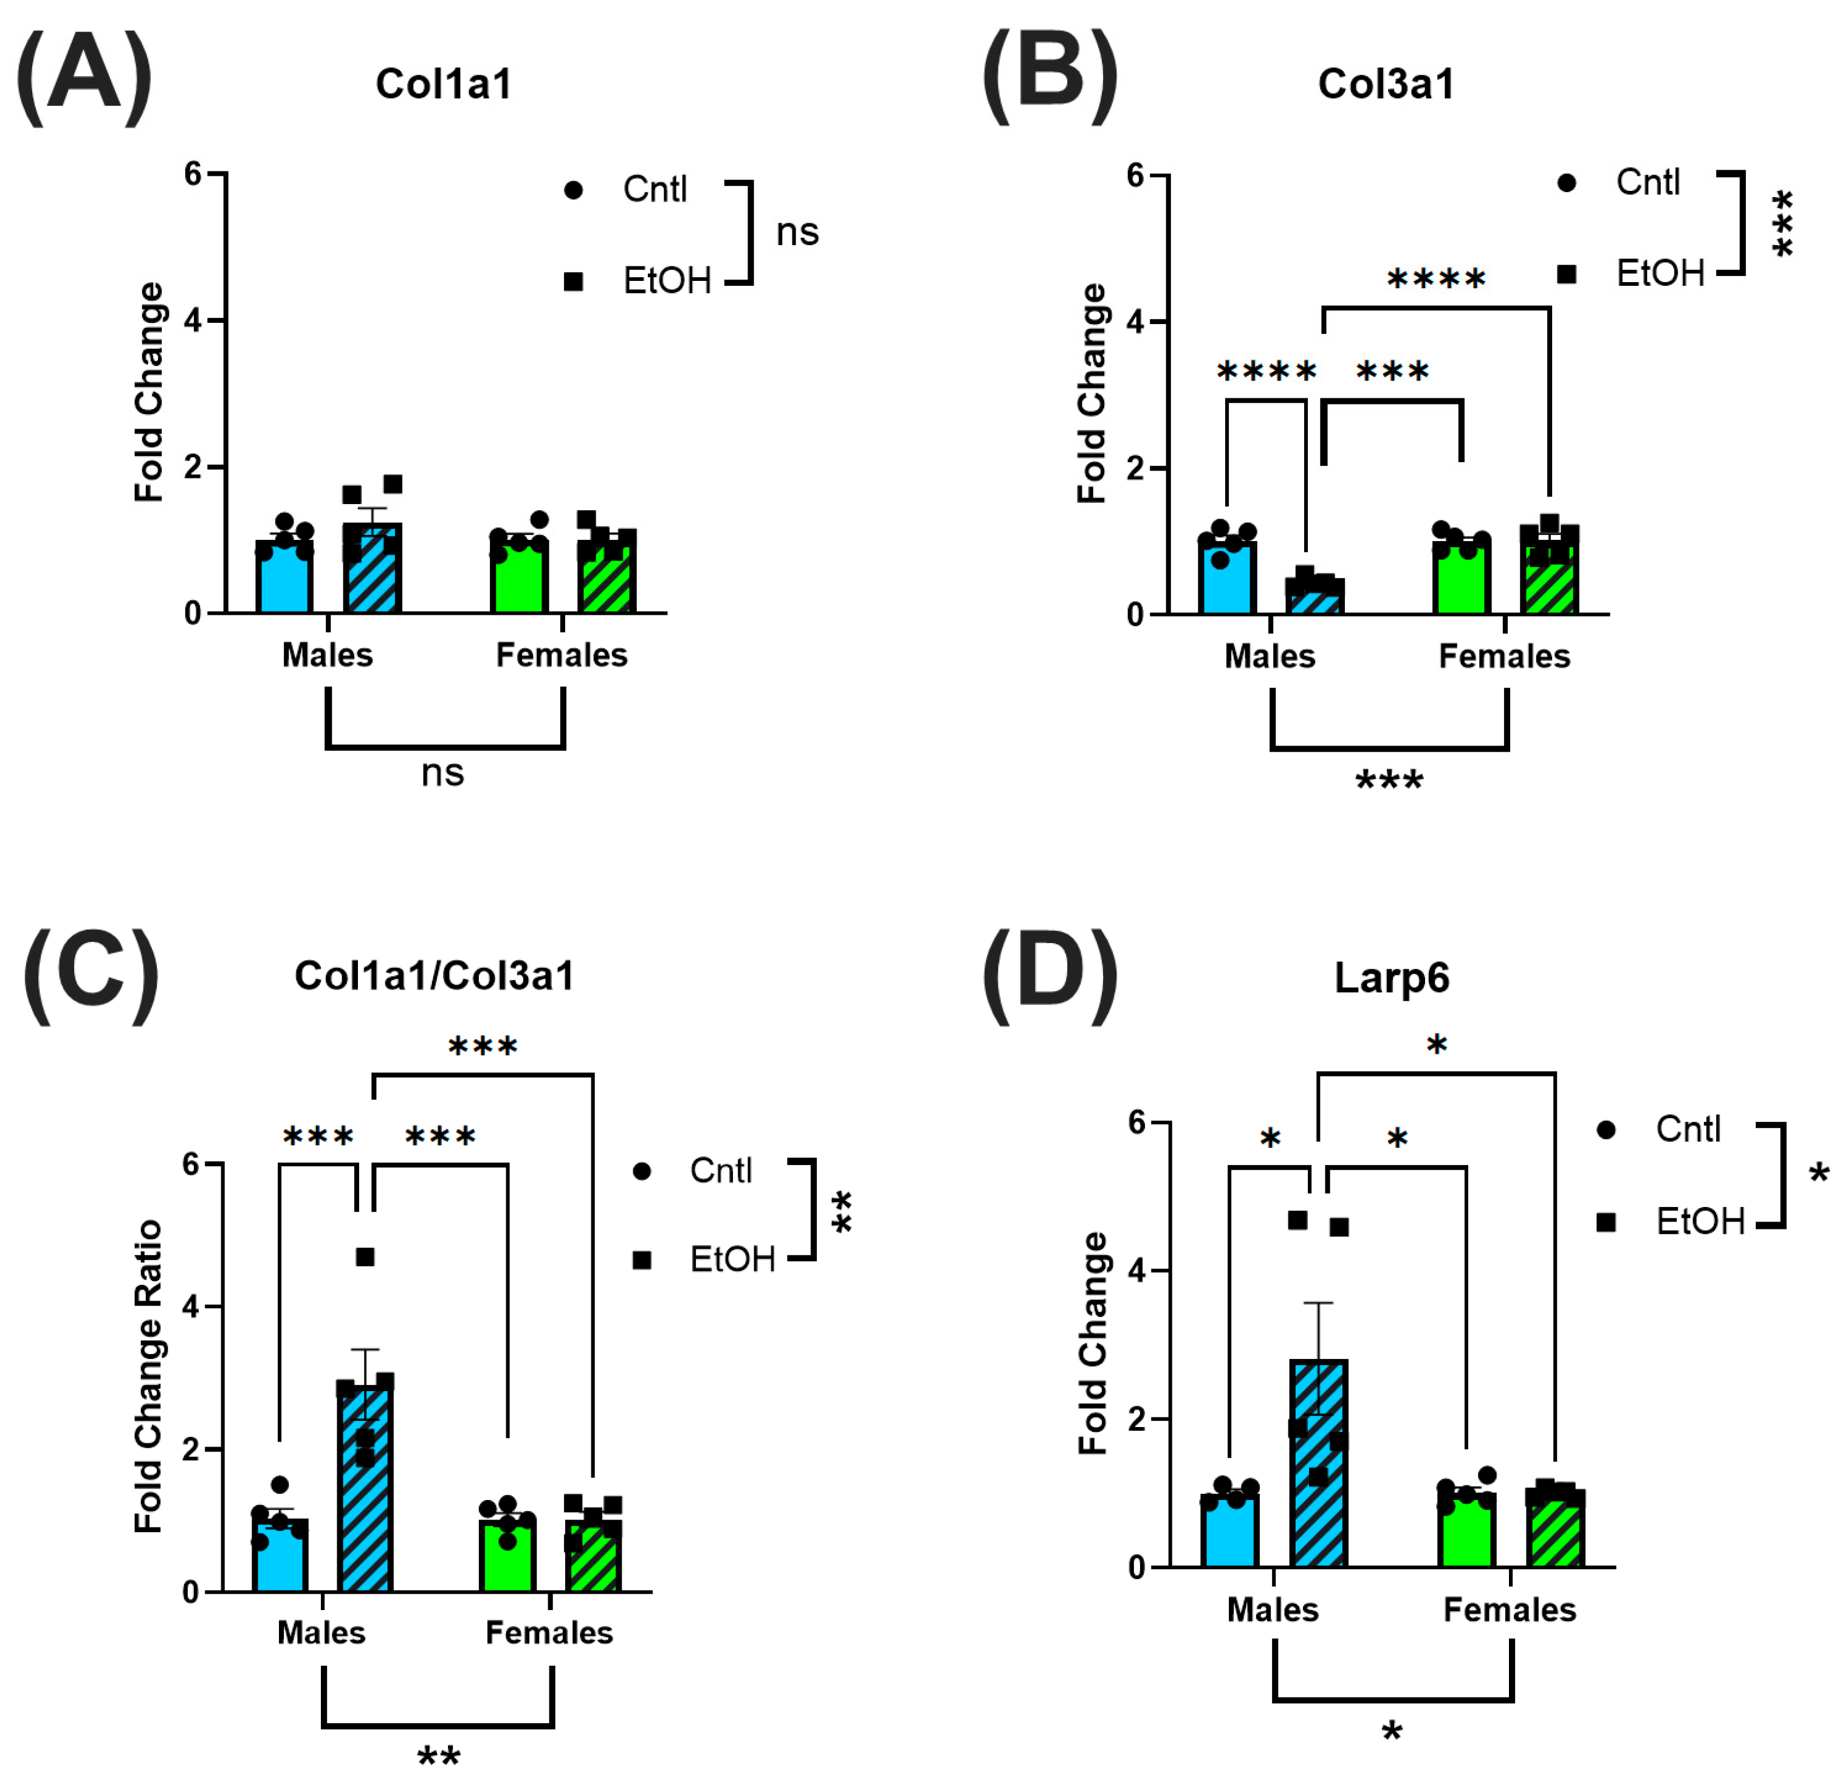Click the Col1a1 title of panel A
point(444,84)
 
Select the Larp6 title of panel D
point(1391,978)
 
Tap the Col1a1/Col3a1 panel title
point(434,976)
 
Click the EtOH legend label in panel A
point(667,281)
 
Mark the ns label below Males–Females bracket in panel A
point(442,773)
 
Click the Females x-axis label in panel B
point(1503,656)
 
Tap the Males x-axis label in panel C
point(321,1633)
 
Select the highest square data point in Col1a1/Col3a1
point(365,1257)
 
